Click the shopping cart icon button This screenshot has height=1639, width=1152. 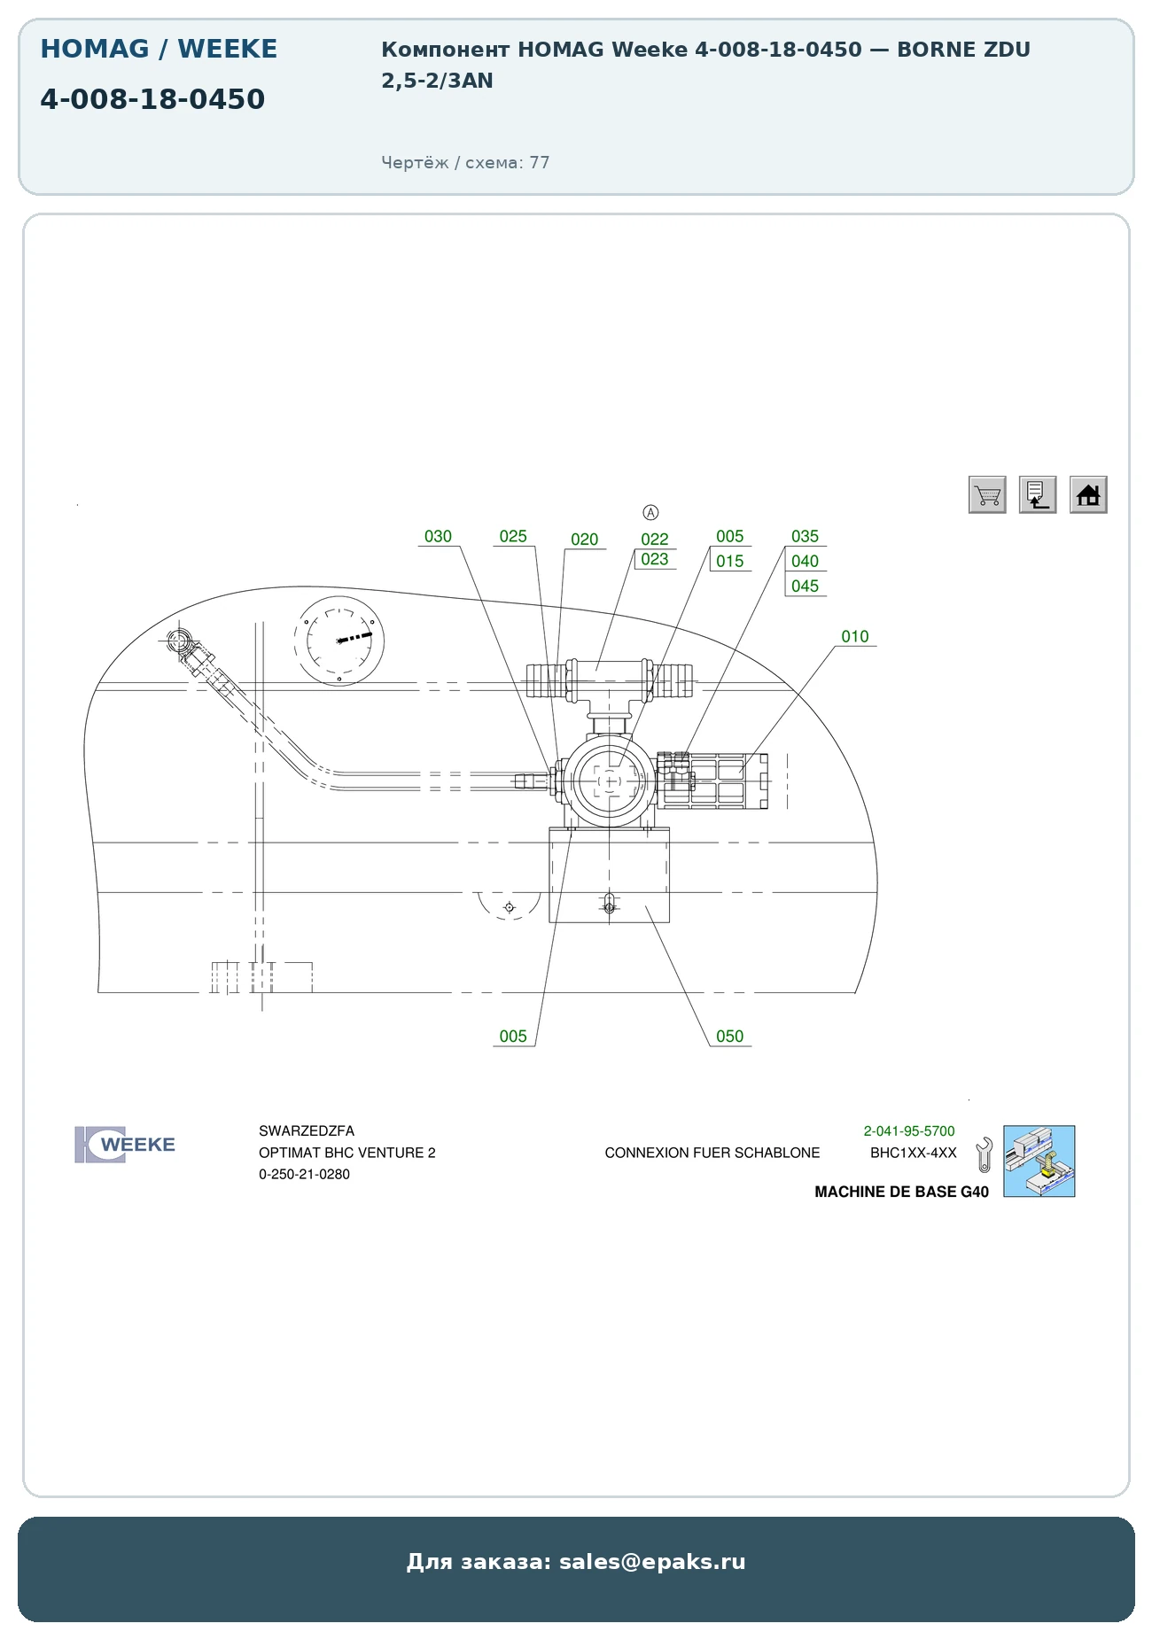(987, 494)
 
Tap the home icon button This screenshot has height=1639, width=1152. (1088, 494)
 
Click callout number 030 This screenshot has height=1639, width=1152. (438, 536)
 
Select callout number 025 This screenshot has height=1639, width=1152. (513, 536)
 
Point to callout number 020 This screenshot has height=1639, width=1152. (585, 540)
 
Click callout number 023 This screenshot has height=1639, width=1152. (655, 559)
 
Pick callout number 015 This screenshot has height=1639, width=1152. (730, 561)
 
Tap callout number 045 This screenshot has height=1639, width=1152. (806, 586)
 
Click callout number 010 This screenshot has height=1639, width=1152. (855, 636)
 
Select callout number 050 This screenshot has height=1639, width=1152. (730, 1036)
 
